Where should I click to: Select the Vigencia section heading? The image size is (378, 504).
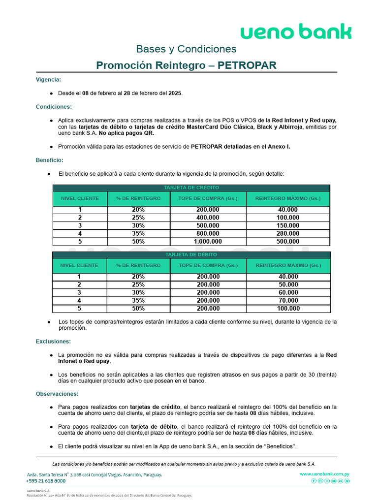pos(49,79)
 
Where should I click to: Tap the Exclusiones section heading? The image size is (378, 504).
pos(53,341)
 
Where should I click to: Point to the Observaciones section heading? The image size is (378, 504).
pos(57,394)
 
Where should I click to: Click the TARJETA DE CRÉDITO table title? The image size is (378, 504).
pos(191,188)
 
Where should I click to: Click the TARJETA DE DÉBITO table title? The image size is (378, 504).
pos(191,254)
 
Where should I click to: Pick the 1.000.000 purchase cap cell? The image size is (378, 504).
pos(208,242)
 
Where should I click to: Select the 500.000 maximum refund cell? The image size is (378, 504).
pos(288,242)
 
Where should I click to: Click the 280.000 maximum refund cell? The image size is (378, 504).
pos(288,234)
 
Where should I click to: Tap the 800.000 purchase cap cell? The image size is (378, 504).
pos(208,234)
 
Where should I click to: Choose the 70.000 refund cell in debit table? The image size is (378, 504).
pos(288,301)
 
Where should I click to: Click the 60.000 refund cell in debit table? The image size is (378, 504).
pos(288,293)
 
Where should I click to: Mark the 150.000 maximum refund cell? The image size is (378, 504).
pos(288,226)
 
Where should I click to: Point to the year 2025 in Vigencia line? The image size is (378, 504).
pos(175,93)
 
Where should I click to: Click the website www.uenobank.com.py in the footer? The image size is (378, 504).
pos(324,474)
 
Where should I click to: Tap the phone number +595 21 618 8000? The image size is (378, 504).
pos(46,481)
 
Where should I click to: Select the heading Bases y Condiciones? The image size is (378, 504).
pos(186,49)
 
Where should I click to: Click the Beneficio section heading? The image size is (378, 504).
pos(50,160)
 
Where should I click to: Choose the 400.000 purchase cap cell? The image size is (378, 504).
pos(208,218)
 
